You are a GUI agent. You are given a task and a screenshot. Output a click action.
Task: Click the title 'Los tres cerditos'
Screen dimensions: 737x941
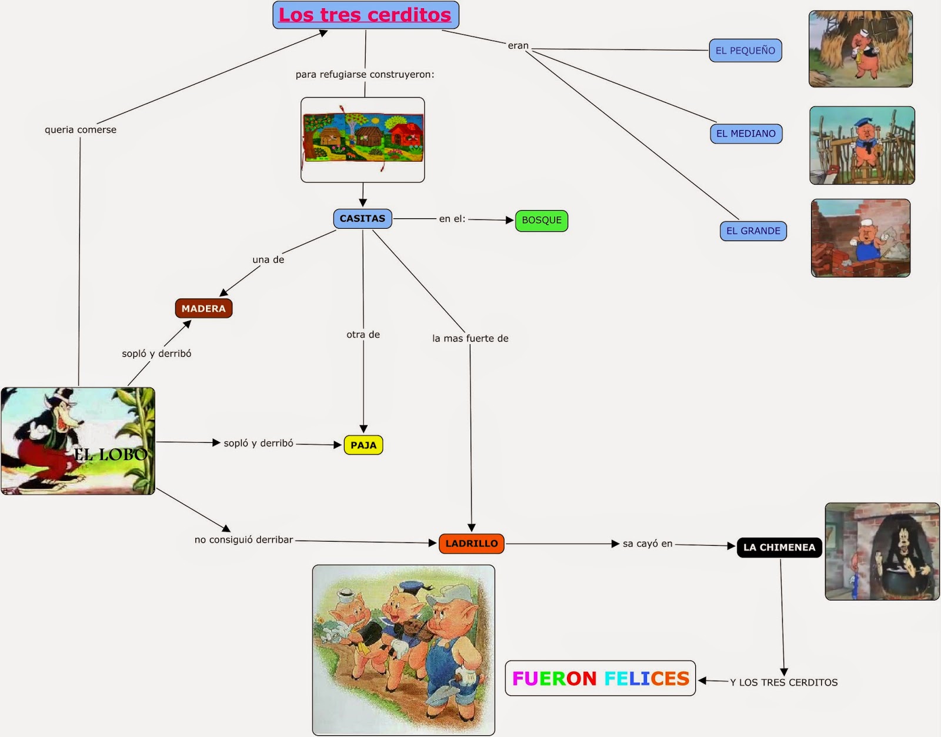365,15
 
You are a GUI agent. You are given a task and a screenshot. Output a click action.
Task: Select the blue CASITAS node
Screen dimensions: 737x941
362,219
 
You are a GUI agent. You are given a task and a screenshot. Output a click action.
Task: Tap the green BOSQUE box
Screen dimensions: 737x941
542,221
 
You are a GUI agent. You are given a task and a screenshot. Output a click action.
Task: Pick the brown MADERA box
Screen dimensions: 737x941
203,308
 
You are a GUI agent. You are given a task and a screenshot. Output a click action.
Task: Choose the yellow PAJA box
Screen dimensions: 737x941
363,445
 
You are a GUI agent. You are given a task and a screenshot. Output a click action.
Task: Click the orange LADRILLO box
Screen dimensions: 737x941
471,543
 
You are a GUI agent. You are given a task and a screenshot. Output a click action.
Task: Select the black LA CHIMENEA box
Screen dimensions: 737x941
779,547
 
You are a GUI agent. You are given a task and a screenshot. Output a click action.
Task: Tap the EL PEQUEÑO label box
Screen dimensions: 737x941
745,51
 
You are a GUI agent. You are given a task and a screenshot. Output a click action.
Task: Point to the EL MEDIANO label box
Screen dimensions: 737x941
746,134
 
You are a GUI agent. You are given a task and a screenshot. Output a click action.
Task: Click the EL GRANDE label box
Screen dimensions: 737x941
753,231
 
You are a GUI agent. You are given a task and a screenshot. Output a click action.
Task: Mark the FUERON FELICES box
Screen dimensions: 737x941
600,679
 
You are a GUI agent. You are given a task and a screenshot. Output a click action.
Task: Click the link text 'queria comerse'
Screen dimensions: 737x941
81,129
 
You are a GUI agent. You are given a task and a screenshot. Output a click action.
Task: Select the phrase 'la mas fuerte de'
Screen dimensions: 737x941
470,338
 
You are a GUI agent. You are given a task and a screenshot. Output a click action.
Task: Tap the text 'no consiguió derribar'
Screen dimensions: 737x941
243,539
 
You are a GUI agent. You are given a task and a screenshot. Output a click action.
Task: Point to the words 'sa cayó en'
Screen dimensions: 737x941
648,543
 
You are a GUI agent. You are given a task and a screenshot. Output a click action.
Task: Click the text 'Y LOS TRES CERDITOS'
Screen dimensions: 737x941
783,682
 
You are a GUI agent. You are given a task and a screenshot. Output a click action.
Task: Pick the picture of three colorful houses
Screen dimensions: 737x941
363,139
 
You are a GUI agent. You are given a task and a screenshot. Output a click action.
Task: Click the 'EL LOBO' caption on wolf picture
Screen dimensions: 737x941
110,454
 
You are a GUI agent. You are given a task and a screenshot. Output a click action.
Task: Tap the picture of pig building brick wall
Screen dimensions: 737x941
860,238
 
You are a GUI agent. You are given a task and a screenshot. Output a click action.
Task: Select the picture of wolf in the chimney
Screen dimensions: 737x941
882,551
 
